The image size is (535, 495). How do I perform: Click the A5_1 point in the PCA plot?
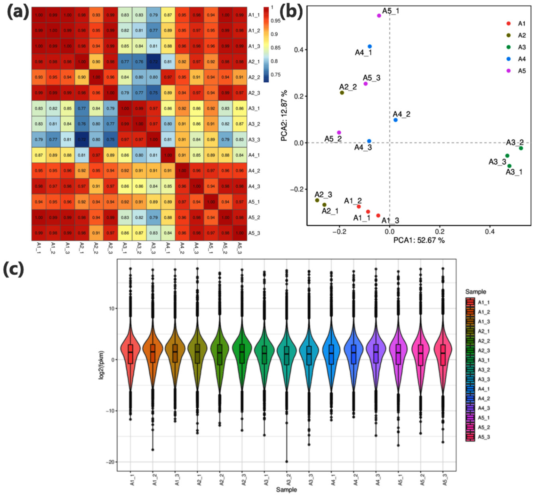coord(379,16)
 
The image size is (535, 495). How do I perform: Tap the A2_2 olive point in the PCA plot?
coord(342,93)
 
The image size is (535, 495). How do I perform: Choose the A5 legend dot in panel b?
coord(508,71)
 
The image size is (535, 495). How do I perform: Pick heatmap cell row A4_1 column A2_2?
coord(96,155)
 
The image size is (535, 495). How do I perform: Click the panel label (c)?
coord(13,269)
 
